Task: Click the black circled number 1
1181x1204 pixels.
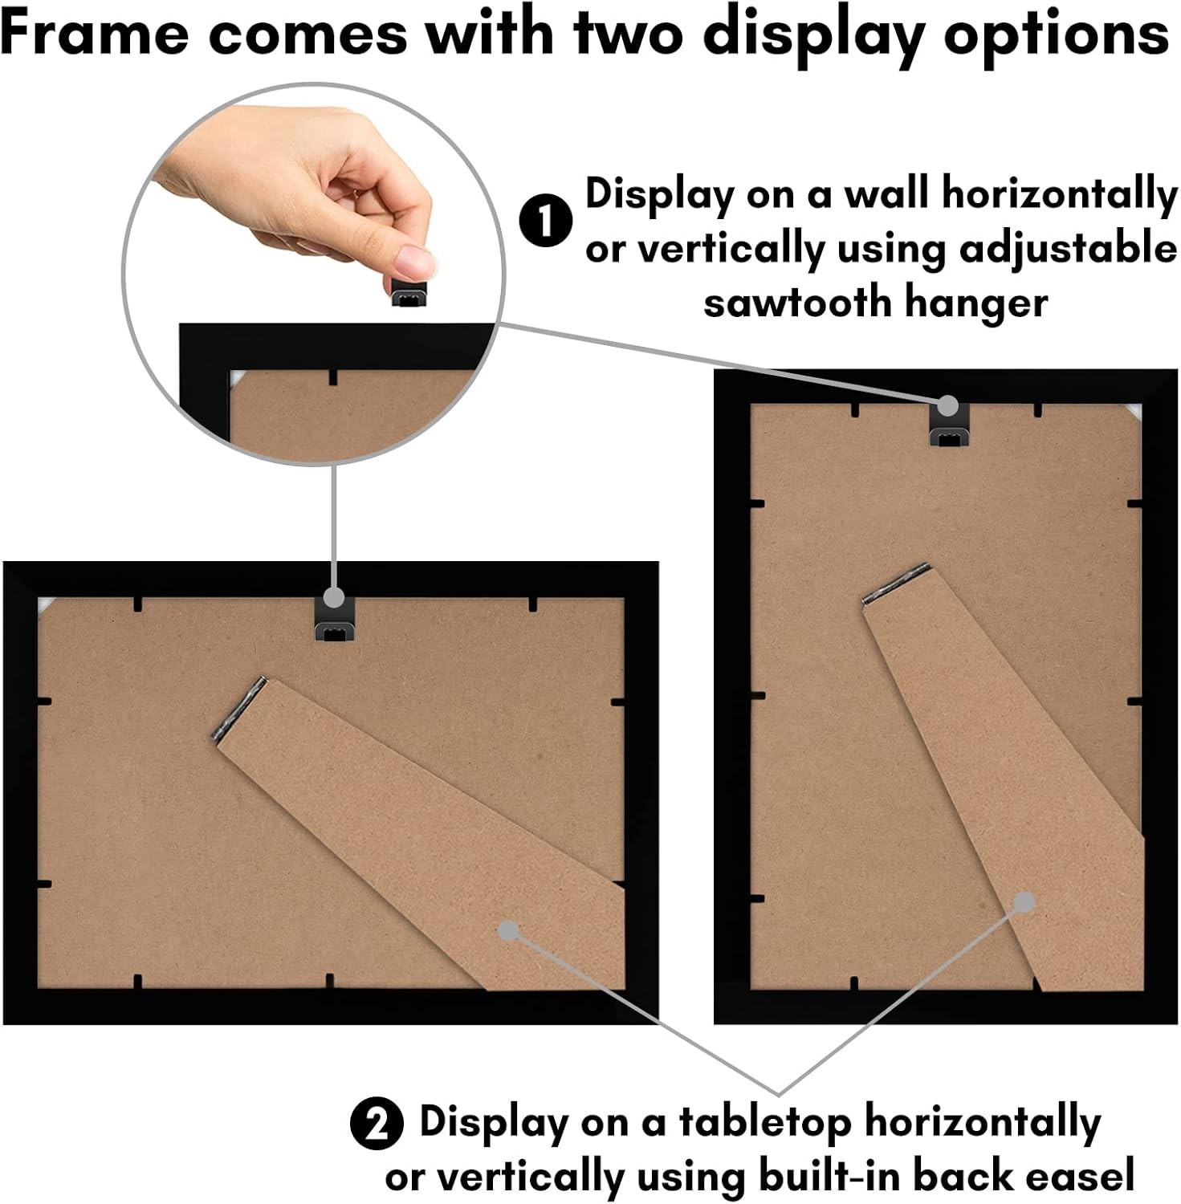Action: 546,221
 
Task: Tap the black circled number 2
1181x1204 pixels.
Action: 377,1124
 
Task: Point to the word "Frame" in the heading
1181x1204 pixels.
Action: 95,35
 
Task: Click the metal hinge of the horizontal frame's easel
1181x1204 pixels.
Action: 238,708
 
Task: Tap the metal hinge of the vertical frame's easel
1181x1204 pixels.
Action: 896,583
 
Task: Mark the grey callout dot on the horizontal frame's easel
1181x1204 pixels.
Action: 507,930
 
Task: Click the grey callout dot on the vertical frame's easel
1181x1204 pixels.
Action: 1024,903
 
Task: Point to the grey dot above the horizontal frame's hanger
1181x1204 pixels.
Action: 335,598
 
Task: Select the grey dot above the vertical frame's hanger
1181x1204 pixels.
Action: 948,405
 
